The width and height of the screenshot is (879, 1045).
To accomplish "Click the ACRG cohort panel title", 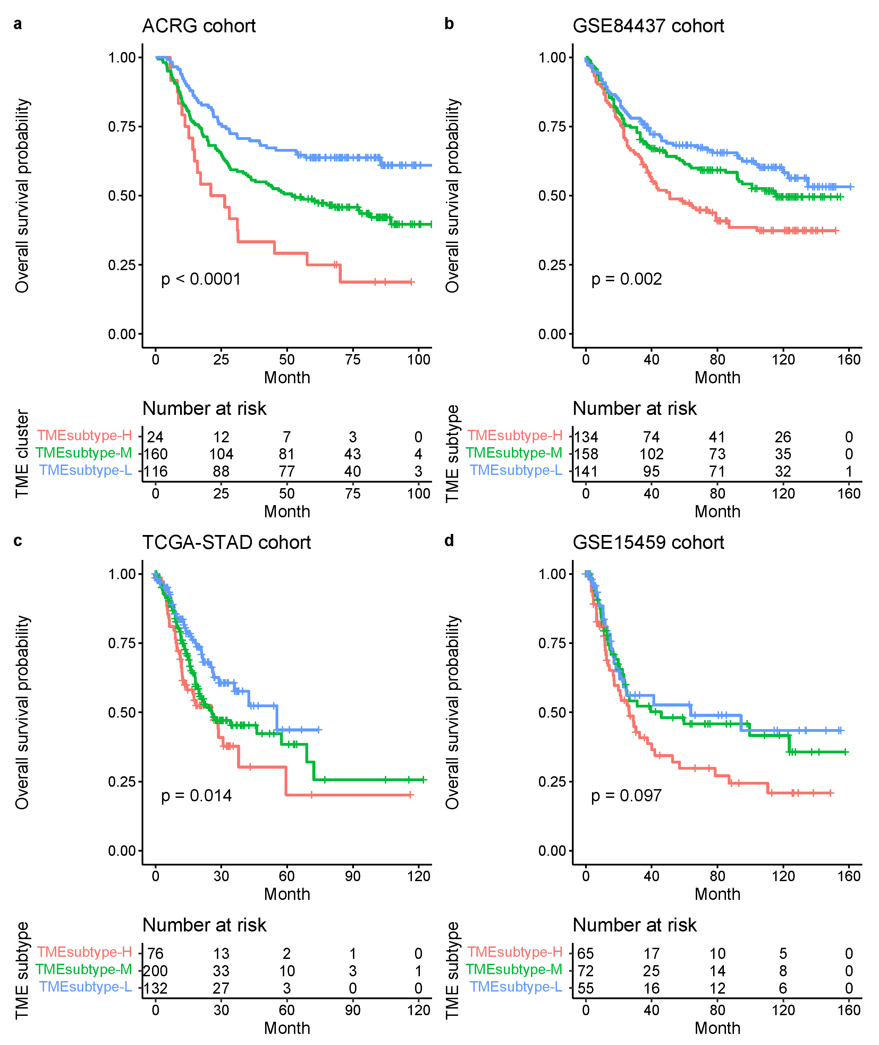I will point(199,26).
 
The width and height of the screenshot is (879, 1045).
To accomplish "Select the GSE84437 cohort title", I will point(648,26).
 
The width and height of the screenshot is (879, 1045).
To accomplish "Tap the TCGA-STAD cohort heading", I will point(226,542).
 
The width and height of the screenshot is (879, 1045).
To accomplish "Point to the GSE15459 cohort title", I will point(648,542).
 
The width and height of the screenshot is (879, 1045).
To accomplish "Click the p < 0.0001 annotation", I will point(201,279).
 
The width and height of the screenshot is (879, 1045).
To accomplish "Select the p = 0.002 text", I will point(626,279).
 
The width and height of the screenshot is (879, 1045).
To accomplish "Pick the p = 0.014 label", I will point(196,796).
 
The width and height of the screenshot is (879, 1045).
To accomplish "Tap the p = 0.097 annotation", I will point(626,796).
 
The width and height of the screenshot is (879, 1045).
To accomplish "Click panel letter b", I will point(449,24).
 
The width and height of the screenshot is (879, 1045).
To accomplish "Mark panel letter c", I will point(18,541).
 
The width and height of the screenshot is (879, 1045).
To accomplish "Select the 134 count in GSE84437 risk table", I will point(586,437).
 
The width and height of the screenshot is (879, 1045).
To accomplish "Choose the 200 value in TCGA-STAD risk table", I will point(155,971).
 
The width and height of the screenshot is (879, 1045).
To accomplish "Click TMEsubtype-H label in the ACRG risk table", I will point(85,436).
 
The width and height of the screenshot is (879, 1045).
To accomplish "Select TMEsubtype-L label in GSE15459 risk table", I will point(516,987).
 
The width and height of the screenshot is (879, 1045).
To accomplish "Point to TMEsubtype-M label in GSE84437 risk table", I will point(514,453).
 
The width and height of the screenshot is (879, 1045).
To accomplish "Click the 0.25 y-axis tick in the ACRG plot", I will point(122,265).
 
